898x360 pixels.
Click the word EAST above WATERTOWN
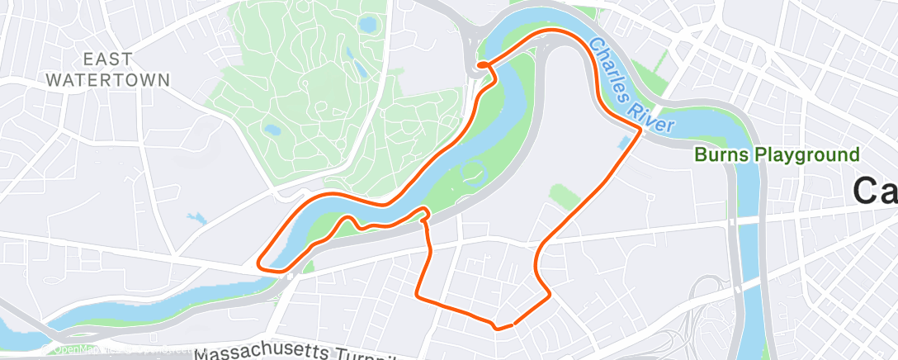point(107,59)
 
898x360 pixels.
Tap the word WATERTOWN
point(107,80)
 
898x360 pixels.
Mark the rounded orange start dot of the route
point(480,64)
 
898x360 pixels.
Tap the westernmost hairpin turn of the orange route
point(261,263)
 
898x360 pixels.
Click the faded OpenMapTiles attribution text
point(99,349)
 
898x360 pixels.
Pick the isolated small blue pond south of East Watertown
point(196,219)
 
